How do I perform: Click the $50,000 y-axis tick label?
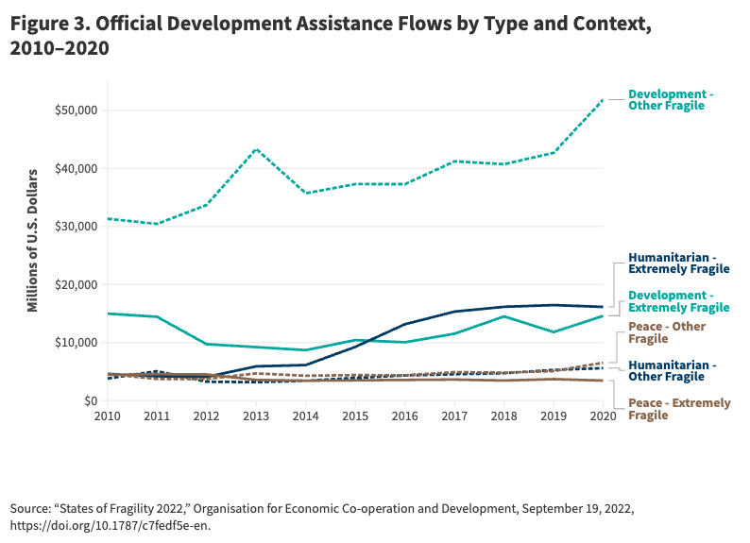coord(77,110)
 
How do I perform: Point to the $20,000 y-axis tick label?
coord(77,285)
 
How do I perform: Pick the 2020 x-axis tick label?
coord(604,416)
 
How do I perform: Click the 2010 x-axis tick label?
coord(107,416)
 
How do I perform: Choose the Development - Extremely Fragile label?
coord(678,301)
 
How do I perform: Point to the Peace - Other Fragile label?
coord(667,332)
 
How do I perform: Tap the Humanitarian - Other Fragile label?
coord(672,370)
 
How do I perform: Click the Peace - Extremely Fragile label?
coord(679,409)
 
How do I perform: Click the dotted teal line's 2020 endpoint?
coord(604,98)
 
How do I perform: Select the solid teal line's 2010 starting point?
coord(108,314)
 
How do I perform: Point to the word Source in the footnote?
coord(33,508)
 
